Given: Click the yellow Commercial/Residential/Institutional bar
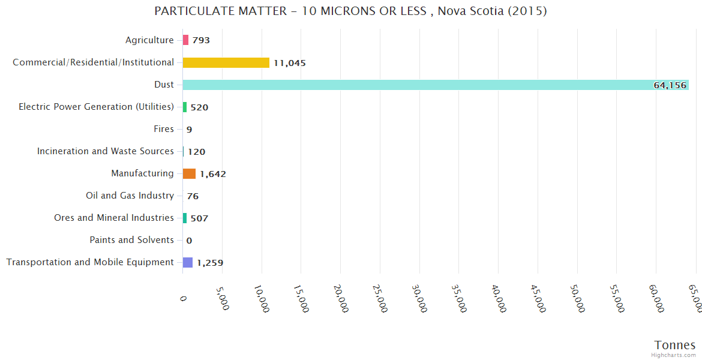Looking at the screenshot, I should [226, 62].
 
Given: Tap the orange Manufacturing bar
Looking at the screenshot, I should [189, 174].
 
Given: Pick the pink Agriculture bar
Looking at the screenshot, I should [185, 40].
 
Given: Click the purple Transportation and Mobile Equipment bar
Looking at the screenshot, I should [188, 262].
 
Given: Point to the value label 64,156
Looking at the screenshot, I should [670, 85].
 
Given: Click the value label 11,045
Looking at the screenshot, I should [290, 63].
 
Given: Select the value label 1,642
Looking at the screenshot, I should [212, 175].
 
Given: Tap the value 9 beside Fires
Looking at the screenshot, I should [189, 130].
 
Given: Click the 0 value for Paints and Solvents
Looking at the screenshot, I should [189, 241].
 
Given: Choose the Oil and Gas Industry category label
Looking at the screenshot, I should [130, 196].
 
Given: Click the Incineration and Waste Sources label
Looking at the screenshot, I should [105, 151].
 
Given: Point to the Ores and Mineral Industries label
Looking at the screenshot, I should [113, 218].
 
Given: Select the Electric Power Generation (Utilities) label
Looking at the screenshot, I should [96, 107].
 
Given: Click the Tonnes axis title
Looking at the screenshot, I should [674, 345].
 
